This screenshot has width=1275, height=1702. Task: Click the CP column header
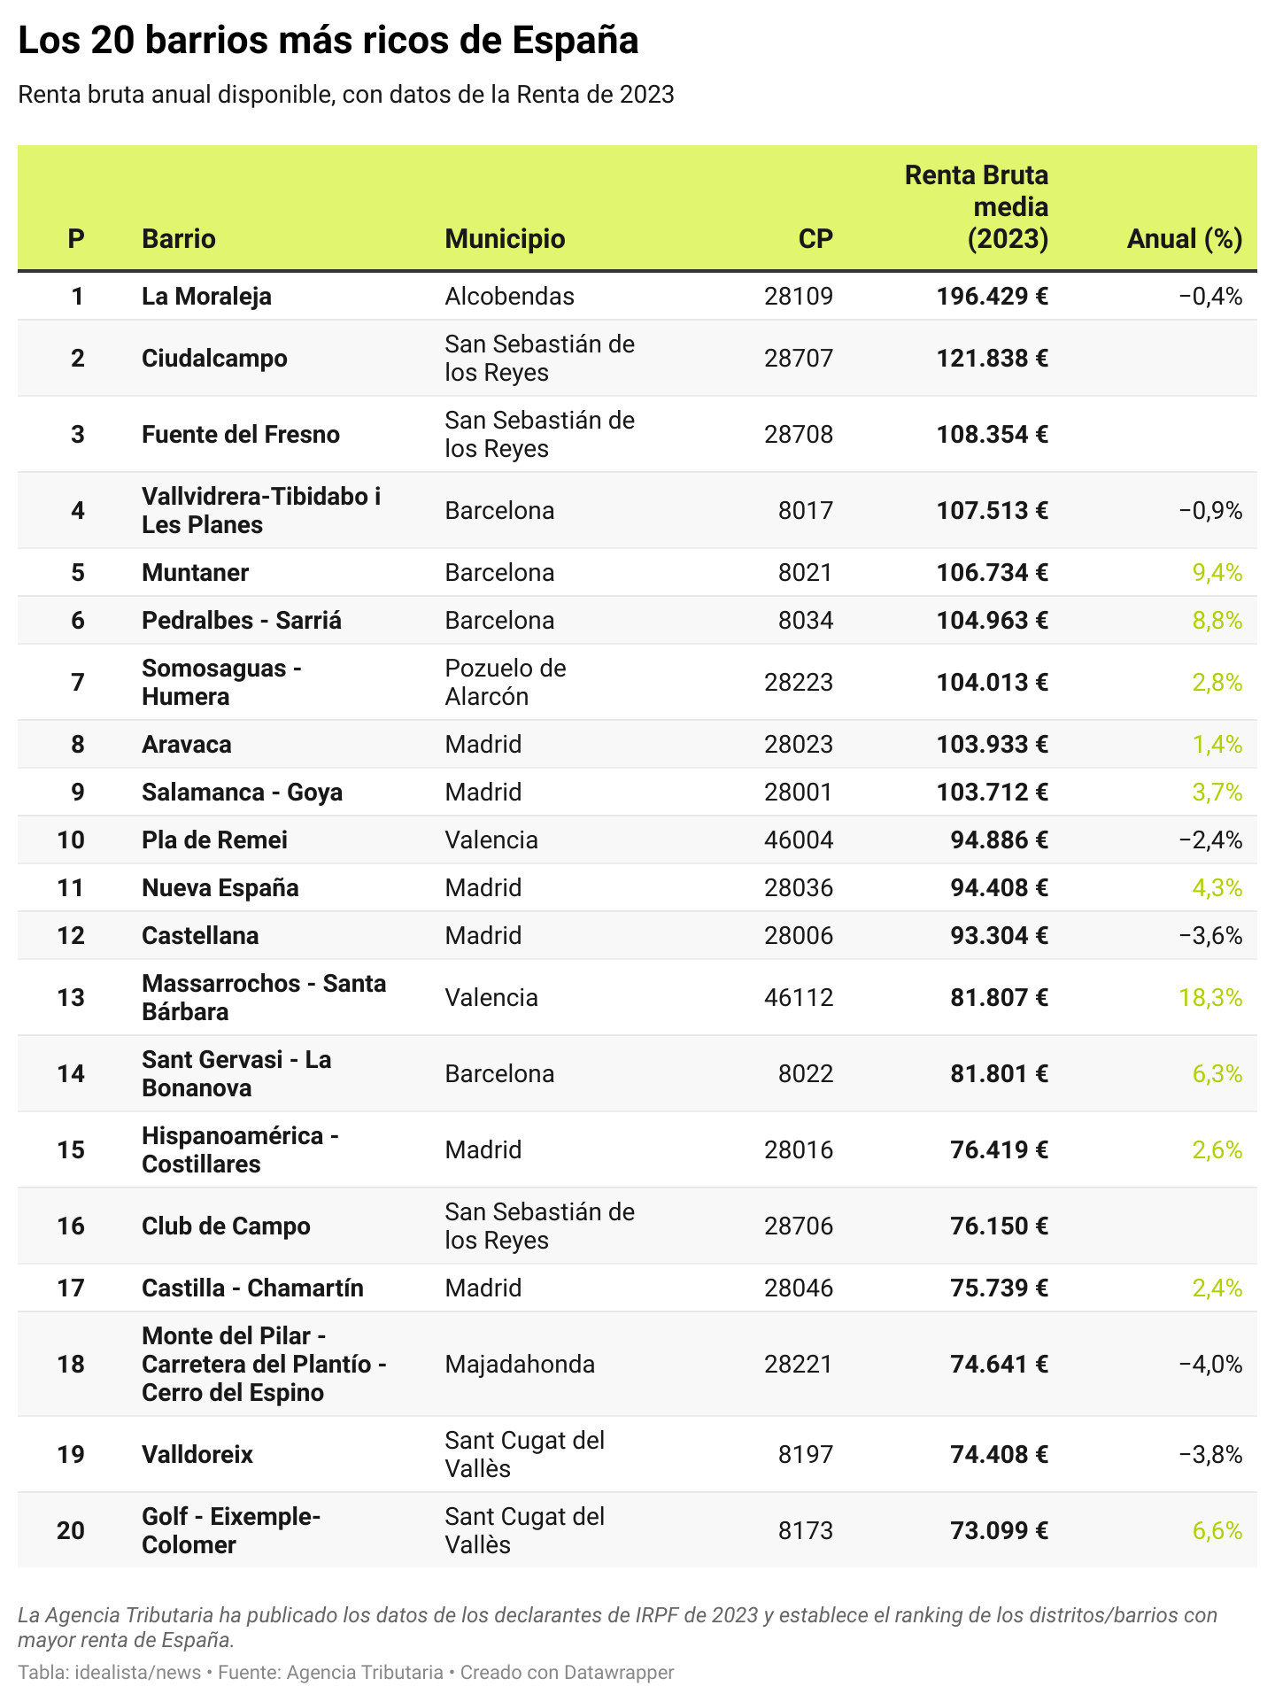(x=815, y=238)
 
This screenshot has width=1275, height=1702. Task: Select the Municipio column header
(x=505, y=238)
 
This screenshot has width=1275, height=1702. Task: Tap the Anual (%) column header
(x=1184, y=238)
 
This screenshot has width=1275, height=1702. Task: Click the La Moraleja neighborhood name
(x=206, y=296)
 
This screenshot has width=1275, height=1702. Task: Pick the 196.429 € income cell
(x=992, y=296)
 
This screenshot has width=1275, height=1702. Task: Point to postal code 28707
(x=798, y=358)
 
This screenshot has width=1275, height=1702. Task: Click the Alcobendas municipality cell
(x=509, y=296)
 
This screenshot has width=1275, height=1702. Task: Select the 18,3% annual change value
(x=1210, y=998)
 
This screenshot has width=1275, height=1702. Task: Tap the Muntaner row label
(x=195, y=572)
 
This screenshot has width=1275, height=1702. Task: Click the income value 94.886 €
(x=999, y=839)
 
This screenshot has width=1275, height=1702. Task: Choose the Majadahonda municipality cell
(x=520, y=1364)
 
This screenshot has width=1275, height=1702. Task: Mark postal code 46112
(x=798, y=998)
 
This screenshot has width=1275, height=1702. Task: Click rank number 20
(x=71, y=1530)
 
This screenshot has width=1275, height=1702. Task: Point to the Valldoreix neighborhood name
(x=197, y=1454)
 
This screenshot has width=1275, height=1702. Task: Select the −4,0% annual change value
(x=1210, y=1364)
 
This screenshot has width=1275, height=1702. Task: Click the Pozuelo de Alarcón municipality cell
(x=505, y=682)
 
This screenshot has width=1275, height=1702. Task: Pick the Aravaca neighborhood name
(x=186, y=744)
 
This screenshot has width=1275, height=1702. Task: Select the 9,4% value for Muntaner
(x=1217, y=572)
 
